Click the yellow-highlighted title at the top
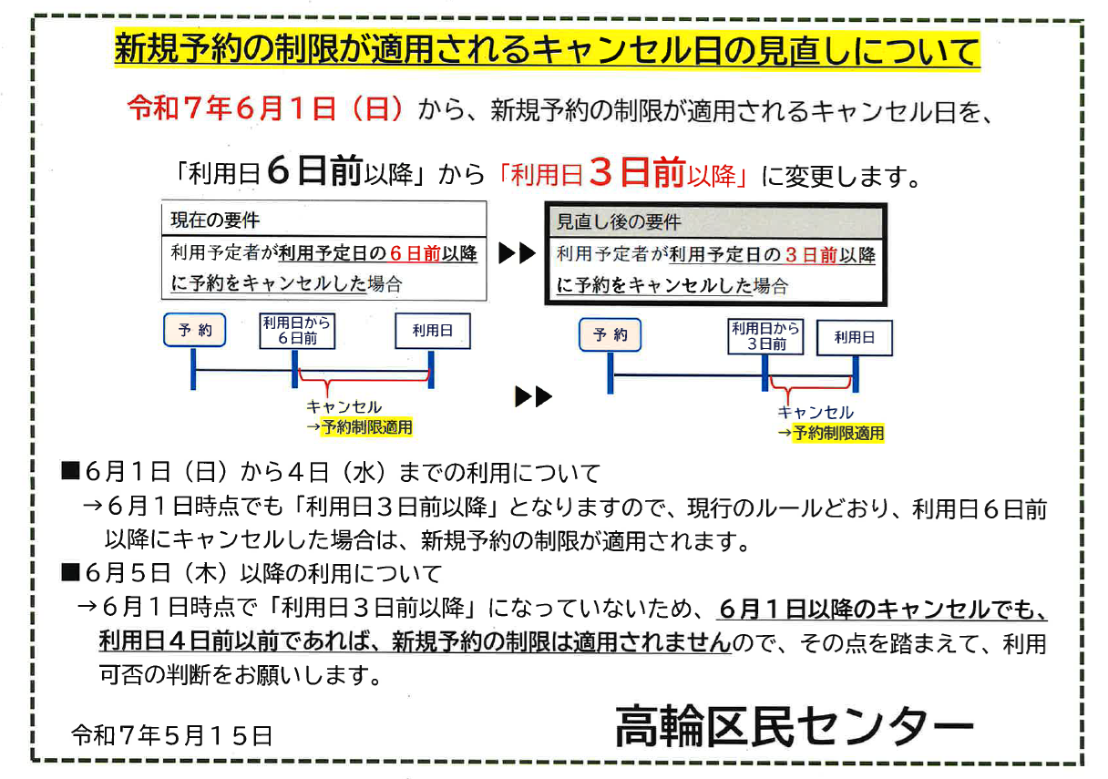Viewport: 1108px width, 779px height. pos(547,50)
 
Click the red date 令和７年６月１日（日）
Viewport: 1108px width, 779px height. pos(265,110)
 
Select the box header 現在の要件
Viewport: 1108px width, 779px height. pos(216,220)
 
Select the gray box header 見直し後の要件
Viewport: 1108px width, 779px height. pos(620,222)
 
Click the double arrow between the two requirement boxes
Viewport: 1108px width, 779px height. pos(517,254)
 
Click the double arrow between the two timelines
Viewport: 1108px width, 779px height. pos(533,397)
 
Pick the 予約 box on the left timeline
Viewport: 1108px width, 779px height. pos(194,330)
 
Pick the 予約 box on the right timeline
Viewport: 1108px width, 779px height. pos(610,335)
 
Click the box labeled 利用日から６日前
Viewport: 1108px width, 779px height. pos(296,330)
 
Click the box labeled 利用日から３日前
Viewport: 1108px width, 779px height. pos(765,335)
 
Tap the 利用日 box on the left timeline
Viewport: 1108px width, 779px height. pos(432,330)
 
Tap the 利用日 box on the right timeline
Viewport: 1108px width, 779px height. pos(854,337)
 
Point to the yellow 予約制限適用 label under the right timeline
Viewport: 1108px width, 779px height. pos(837,434)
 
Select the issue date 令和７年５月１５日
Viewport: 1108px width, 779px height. pos(172,735)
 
